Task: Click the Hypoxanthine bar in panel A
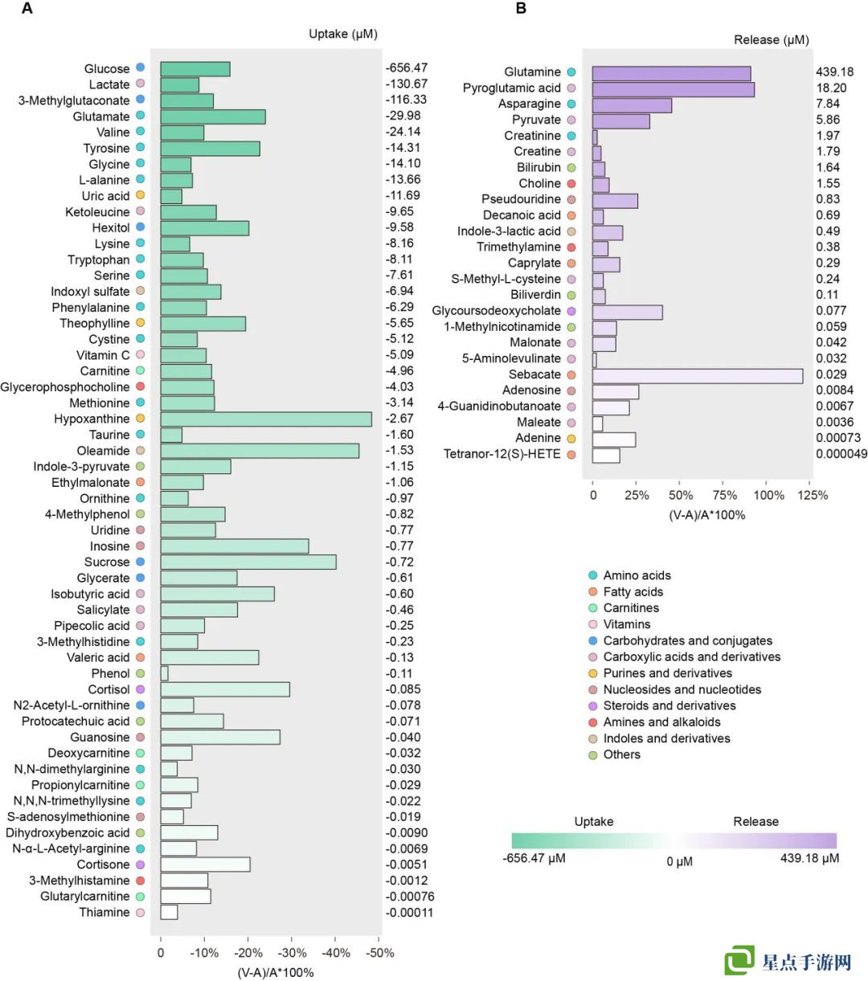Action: click(266, 419)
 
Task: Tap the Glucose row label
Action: click(107, 69)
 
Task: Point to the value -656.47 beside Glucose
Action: click(407, 68)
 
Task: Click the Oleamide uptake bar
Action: click(260, 451)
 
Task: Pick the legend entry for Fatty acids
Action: click(633, 592)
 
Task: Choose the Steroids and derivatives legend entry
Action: click(669, 705)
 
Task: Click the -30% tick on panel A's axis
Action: click(293, 953)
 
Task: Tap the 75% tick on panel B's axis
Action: click(725, 495)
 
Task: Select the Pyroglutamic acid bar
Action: click(674, 88)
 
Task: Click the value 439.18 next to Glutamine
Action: click(835, 72)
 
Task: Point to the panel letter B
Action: click(521, 9)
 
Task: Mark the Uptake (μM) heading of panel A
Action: click(343, 34)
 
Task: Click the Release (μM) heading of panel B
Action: click(772, 40)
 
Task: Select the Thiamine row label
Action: click(104, 913)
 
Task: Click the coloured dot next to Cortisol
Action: click(140, 689)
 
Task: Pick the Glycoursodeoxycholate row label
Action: click(496, 311)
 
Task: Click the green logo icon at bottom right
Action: click(739, 961)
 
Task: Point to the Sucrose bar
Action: click(248, 562)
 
